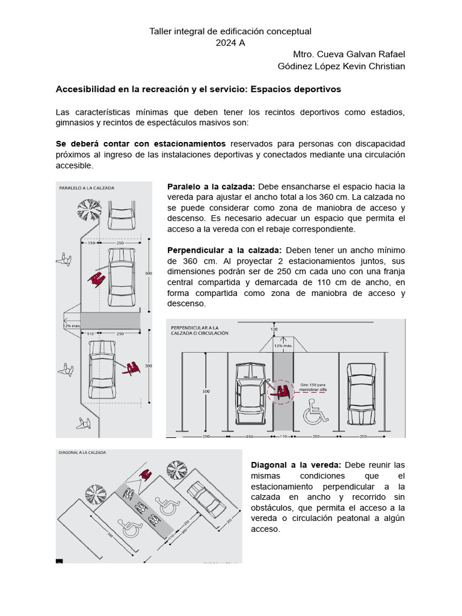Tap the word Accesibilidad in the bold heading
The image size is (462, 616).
84,89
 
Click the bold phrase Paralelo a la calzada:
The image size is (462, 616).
211,186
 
